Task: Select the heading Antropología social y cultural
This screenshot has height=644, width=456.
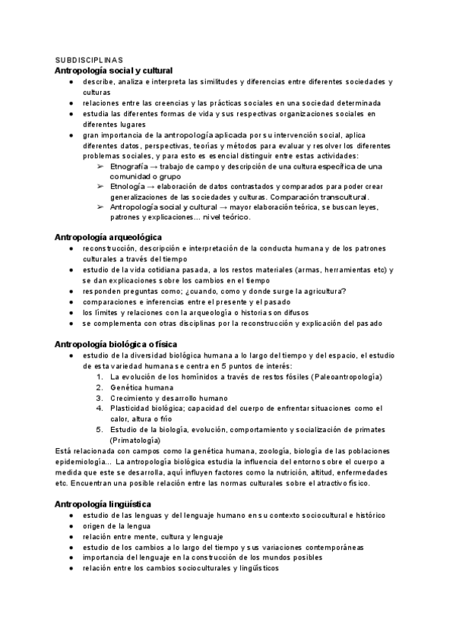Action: (114, 70)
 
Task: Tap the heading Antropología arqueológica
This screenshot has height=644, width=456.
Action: (108, 237)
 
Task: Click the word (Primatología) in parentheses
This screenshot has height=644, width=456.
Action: (135, 440)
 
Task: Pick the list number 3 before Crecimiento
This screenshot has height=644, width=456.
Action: (99, 397)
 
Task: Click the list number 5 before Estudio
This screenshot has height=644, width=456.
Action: (99, 429)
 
